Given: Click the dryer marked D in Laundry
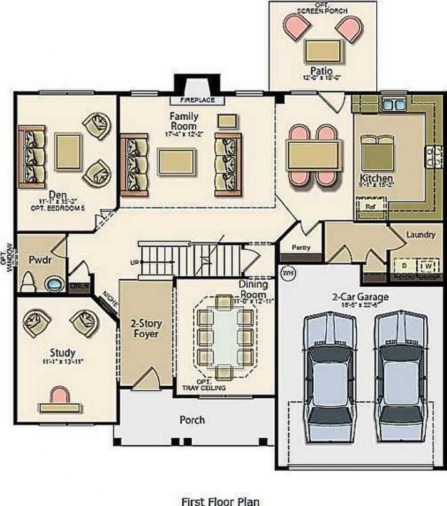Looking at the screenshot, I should point(404,266).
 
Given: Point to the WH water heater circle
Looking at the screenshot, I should point(287,273).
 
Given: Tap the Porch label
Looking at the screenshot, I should point(192,420).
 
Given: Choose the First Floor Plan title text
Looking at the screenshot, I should point(220,500).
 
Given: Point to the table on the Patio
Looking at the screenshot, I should point(322,49).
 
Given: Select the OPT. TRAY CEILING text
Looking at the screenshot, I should point(204,385).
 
